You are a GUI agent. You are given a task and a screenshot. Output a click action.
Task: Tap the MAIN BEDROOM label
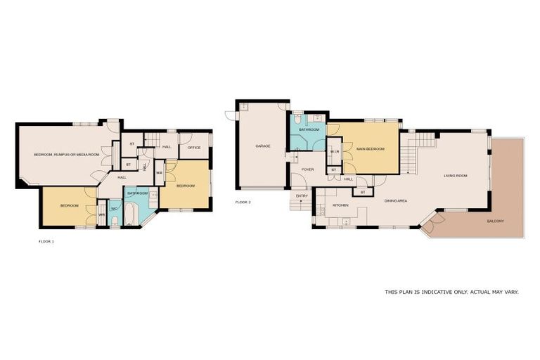pos(370,149)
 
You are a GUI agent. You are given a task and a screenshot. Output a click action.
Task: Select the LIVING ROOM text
pos(456,176)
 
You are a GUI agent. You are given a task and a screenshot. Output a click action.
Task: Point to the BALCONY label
pos(494,221)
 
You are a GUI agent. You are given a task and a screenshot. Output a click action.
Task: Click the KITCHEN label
pos(341,205)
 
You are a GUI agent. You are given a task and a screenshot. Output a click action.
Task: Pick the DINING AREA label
pos(396,201)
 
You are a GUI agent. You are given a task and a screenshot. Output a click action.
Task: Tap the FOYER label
pos(308,169)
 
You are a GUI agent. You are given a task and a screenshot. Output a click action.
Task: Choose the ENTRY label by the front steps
pos(302,195)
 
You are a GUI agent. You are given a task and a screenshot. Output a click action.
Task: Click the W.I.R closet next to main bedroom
pos(335,151)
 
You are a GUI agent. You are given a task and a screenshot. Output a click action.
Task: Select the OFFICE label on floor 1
pos(195,148)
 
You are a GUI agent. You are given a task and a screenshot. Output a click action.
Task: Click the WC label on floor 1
pos(114,209)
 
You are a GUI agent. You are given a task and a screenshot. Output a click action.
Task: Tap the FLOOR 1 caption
pos(46,241)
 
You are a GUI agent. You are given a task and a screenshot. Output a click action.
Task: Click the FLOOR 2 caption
pos(243,202)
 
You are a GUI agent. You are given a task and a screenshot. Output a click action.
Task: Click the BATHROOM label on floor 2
pos(309,130)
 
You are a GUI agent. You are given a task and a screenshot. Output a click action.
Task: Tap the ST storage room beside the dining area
pos(363,192)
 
